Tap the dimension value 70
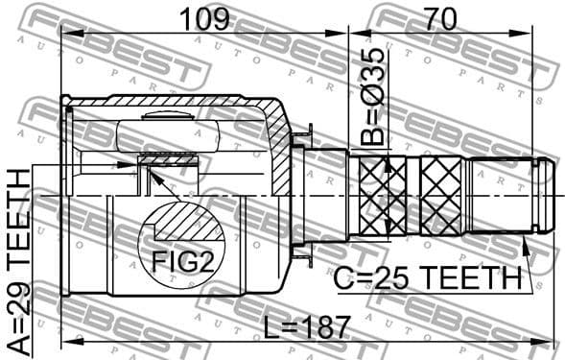click(x=440, y=16)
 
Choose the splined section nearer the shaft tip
click(x=441, y=196)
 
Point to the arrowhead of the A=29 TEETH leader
click(x=134, y=165)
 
